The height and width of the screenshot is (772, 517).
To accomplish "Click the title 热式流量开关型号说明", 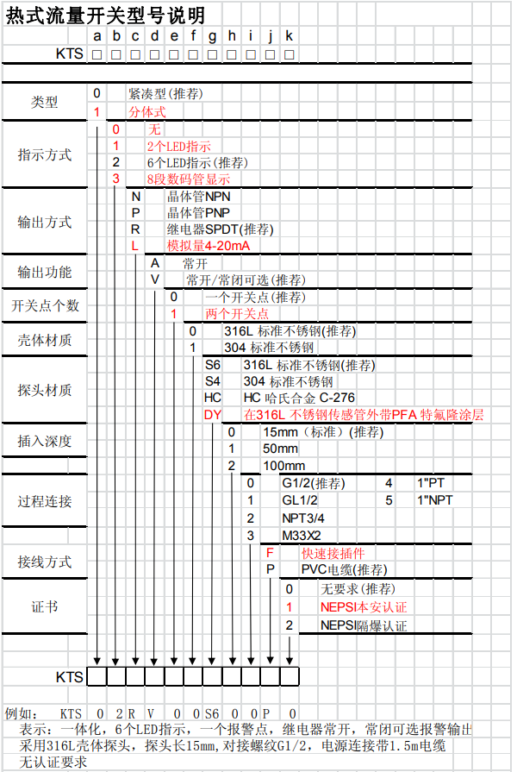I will (105, 15).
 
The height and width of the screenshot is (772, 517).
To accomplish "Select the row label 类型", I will (44, 102).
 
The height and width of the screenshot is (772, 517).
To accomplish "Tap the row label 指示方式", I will (44, 155).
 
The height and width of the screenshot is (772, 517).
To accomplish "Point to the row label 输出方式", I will (44, 222).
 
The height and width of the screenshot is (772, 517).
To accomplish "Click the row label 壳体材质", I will (44, 339).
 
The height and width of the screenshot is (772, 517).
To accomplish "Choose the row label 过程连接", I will (44, 501).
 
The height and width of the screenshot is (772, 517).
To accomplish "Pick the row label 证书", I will (44, 606).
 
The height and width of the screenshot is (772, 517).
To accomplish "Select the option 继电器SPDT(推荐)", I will (220, 229).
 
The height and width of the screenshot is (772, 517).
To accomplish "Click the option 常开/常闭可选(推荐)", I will (244, 280).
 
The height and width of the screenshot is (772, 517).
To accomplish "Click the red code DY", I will (213, 415).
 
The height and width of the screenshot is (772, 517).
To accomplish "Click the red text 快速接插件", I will (332, 553).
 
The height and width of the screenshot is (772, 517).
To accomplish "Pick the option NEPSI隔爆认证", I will (363, 625).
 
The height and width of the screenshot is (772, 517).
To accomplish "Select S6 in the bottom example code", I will (212, 713).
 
